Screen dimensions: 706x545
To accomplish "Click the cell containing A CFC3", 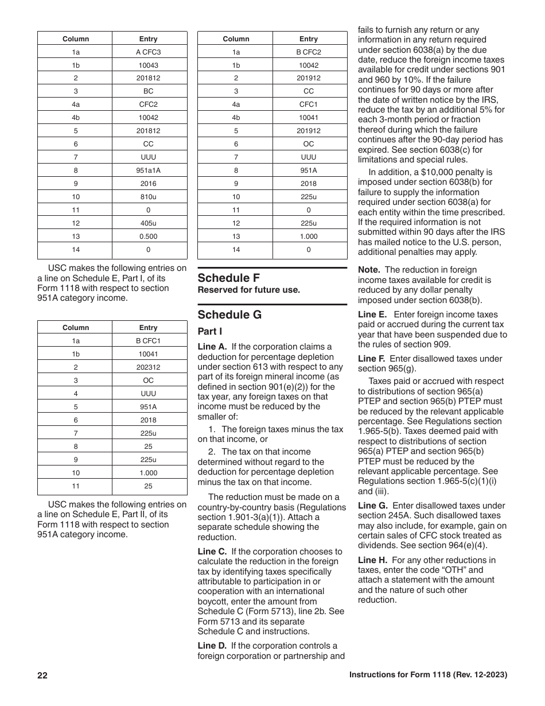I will [x=149, y=52].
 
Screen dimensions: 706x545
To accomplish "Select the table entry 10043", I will [x=149, y=65].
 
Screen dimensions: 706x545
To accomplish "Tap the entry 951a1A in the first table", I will [x=149, y=170].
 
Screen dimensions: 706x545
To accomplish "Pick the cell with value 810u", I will [x=149, y=197].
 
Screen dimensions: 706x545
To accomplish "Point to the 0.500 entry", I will [x=149, y=236].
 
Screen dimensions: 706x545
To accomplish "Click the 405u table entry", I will [x=149, y=223].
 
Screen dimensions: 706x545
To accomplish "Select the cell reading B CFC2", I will [x=309, y=52].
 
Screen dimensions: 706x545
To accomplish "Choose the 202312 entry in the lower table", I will [x=149, y=367].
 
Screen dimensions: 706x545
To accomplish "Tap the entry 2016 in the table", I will [x=149, y=184].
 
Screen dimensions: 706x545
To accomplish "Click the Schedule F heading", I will [x=229, y=278].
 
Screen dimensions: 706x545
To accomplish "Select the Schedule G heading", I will [x=229, y=315].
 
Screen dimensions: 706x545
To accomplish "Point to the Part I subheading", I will [x=209, y=332].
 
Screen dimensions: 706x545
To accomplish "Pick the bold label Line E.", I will [x=372, y=315].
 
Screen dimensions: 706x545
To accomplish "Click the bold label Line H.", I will [x=372, y=560].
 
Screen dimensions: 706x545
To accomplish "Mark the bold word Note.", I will [x=369, y=270].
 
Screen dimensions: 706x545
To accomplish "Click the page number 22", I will [x=42, y=676].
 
